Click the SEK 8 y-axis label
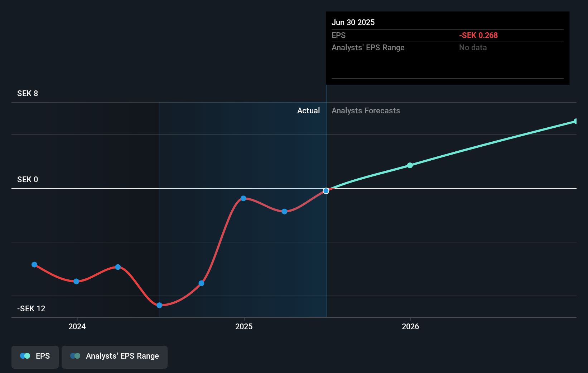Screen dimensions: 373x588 (28, 94)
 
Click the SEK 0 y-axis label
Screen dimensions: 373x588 (28, 180)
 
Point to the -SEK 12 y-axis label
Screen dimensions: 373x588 (31, 309)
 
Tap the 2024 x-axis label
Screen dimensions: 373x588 (77, 326)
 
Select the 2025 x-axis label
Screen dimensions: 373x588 (244, 326)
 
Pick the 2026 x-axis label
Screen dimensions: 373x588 (410, 326)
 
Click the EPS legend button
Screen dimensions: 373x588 (35, 356)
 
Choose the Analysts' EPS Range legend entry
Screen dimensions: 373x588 (115, 356)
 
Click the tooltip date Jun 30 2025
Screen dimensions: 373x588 (353, 23)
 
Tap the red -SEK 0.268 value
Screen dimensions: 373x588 (478, 36)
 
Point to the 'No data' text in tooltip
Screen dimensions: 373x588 (473, 48)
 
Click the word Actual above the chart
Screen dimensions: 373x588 (308, 111)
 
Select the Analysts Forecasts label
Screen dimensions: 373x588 (366, 111)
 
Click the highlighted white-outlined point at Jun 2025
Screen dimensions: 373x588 (326, 191)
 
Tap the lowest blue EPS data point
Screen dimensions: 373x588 (159, 305)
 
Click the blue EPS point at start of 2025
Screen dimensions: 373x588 (244, 198)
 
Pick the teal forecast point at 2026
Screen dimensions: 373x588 (410, 165)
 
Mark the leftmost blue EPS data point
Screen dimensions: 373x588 (34, 265)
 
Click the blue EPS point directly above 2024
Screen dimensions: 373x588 (76, 281)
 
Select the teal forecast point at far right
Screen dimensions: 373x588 (576, 121)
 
